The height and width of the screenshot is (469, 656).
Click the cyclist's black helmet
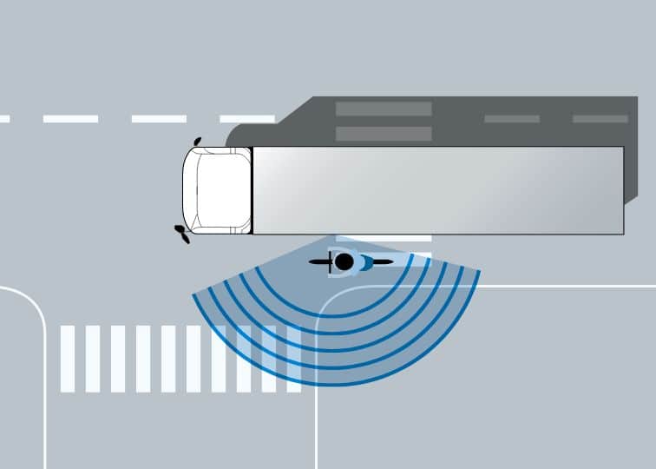coord(344,261)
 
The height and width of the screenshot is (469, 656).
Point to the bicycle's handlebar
coord(330,261)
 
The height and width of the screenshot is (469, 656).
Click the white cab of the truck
coord(216,191)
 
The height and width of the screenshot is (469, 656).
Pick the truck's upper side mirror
coord(198,141)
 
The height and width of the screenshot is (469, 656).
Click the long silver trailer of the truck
coord(438,190)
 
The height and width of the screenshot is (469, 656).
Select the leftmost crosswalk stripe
coord(67,359)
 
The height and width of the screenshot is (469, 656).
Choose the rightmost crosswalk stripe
coord(294,359)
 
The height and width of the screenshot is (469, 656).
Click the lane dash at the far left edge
coord(4,119)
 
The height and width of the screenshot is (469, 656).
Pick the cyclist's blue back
coord(364,261)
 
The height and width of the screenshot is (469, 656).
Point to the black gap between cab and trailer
coord(252,191)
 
